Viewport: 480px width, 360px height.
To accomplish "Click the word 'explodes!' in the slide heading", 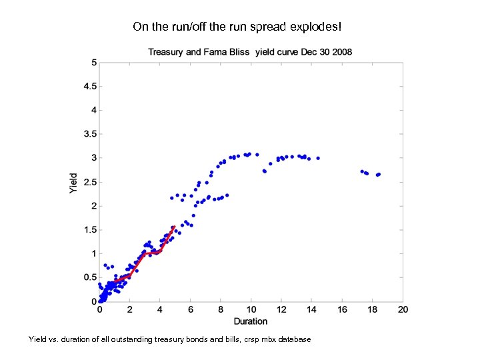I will (x=317, y=27).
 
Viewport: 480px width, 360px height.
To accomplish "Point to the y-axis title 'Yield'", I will (x=73, y=183).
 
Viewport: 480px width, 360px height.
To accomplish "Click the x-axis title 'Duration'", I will (x=251, y=321).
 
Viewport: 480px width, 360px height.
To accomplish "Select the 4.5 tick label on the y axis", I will (x=90, y=86).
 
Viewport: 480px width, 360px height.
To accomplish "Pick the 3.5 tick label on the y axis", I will (x=90, y=134).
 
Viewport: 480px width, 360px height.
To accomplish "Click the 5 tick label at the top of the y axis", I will (x=94, y=63).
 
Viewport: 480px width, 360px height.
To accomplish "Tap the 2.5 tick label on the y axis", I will (x=90, y=182).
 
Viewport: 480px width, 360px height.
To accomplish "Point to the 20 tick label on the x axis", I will (x=403, y=310).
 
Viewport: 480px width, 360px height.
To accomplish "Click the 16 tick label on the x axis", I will (x=342, y=310).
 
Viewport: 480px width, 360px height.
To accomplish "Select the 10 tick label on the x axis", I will (x=251, y=310).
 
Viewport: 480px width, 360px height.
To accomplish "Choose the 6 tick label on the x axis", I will (x=191, y=310).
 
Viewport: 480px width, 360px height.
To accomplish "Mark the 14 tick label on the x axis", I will (x=311, y=310).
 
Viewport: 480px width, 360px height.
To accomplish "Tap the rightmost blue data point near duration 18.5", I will (x=379, y=174).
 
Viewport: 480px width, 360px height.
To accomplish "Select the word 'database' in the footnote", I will (x=293, y=340).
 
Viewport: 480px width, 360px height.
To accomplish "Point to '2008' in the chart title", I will (x=342, y=52).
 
